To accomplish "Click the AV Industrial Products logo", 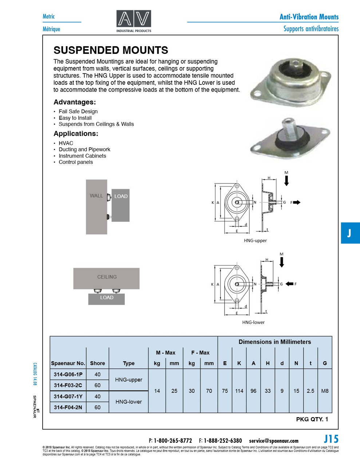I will tap(134, 21).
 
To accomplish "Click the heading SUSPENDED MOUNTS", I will tap(111, 50).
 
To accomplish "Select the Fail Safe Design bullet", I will tap(78, 111).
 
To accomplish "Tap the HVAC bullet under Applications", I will tap(66, 143).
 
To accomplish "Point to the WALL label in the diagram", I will tap(96, 196).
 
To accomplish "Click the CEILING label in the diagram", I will tap(107, 277).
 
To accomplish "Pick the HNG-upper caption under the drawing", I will tap(255, 241).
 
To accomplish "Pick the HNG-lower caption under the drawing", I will tap(253, 323).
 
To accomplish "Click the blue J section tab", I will tap(350, 233).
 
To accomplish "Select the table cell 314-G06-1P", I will tap(68, 375).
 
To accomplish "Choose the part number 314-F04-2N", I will tap(68, 407).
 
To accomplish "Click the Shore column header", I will tap(98, 363).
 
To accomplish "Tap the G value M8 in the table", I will tap(325, 391).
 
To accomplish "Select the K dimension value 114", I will tap(239, 391).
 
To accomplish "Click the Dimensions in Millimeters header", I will tap(275, 342).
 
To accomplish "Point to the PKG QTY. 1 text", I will tap(312, 419).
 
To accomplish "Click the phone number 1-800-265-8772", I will tap(173, 441).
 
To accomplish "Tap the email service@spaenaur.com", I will tap(274, 441).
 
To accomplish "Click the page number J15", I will tap(331, 439).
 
